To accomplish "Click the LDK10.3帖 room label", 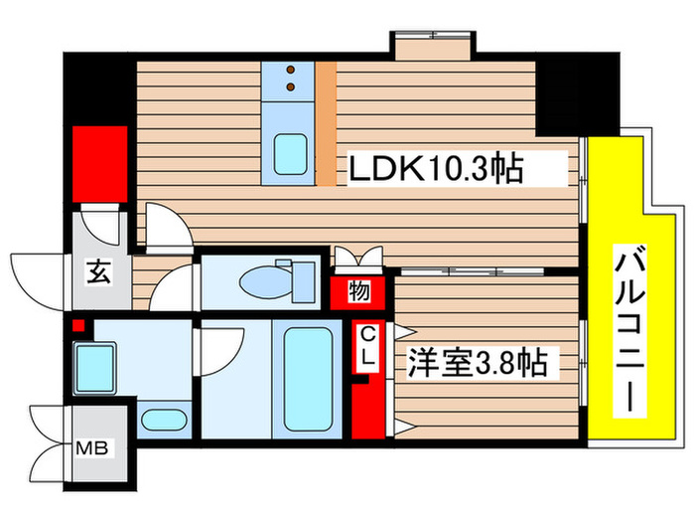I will coord(434,170).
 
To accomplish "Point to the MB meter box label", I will coord(96,446).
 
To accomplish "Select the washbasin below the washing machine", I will coord(164,419).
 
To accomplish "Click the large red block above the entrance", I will coord(100,163).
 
